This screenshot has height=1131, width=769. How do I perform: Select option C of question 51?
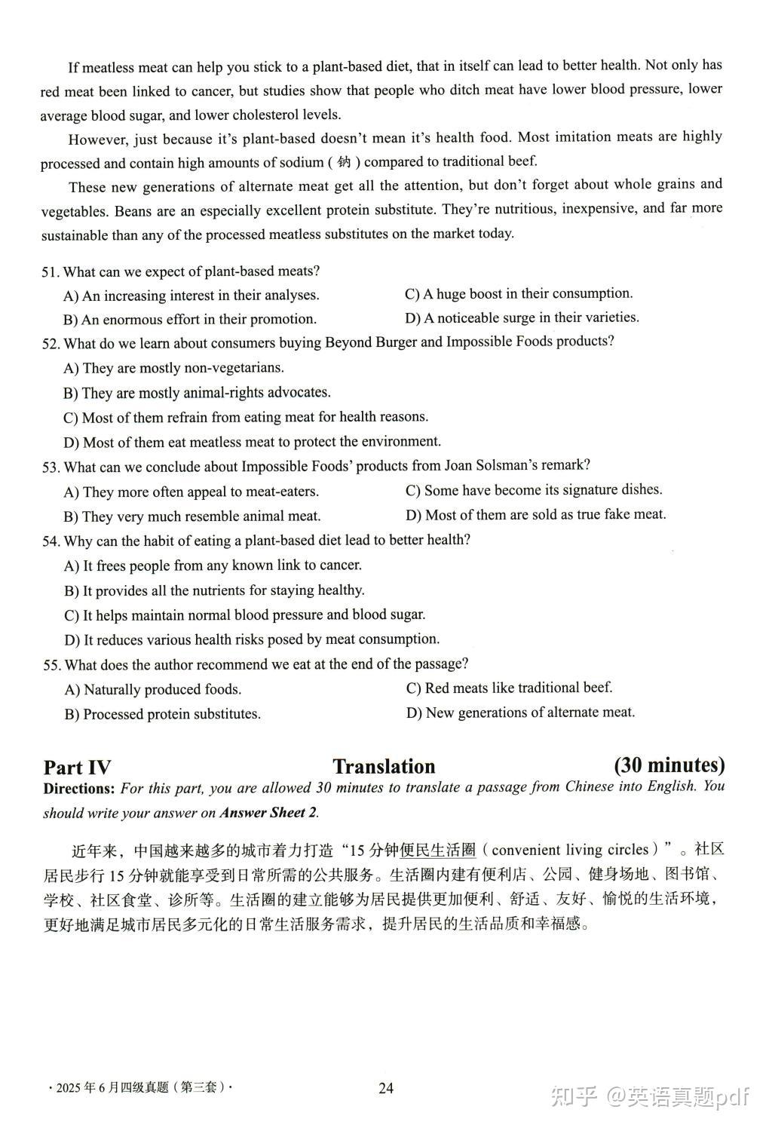pos(519,294)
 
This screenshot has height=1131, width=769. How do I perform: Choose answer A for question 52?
pos(173,368)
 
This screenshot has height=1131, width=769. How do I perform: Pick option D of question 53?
pos(536,515)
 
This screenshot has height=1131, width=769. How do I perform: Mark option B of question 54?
pos(214,590)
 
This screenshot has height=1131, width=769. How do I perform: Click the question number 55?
pos(51,665)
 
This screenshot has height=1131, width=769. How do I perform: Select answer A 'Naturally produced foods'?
pos(153,690)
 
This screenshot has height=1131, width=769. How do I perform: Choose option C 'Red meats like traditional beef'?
pos(509,688)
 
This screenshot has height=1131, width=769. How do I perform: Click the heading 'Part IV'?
pos(77,768)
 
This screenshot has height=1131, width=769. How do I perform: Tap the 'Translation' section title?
pos(384,767)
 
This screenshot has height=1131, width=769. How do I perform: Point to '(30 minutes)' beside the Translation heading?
pos(669,765)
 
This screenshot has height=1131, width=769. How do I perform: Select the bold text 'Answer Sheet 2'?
pos(268,813)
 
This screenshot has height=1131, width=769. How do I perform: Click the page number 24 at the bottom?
pos(386,1088)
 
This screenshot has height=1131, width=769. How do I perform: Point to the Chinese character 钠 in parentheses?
pos(344,162)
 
